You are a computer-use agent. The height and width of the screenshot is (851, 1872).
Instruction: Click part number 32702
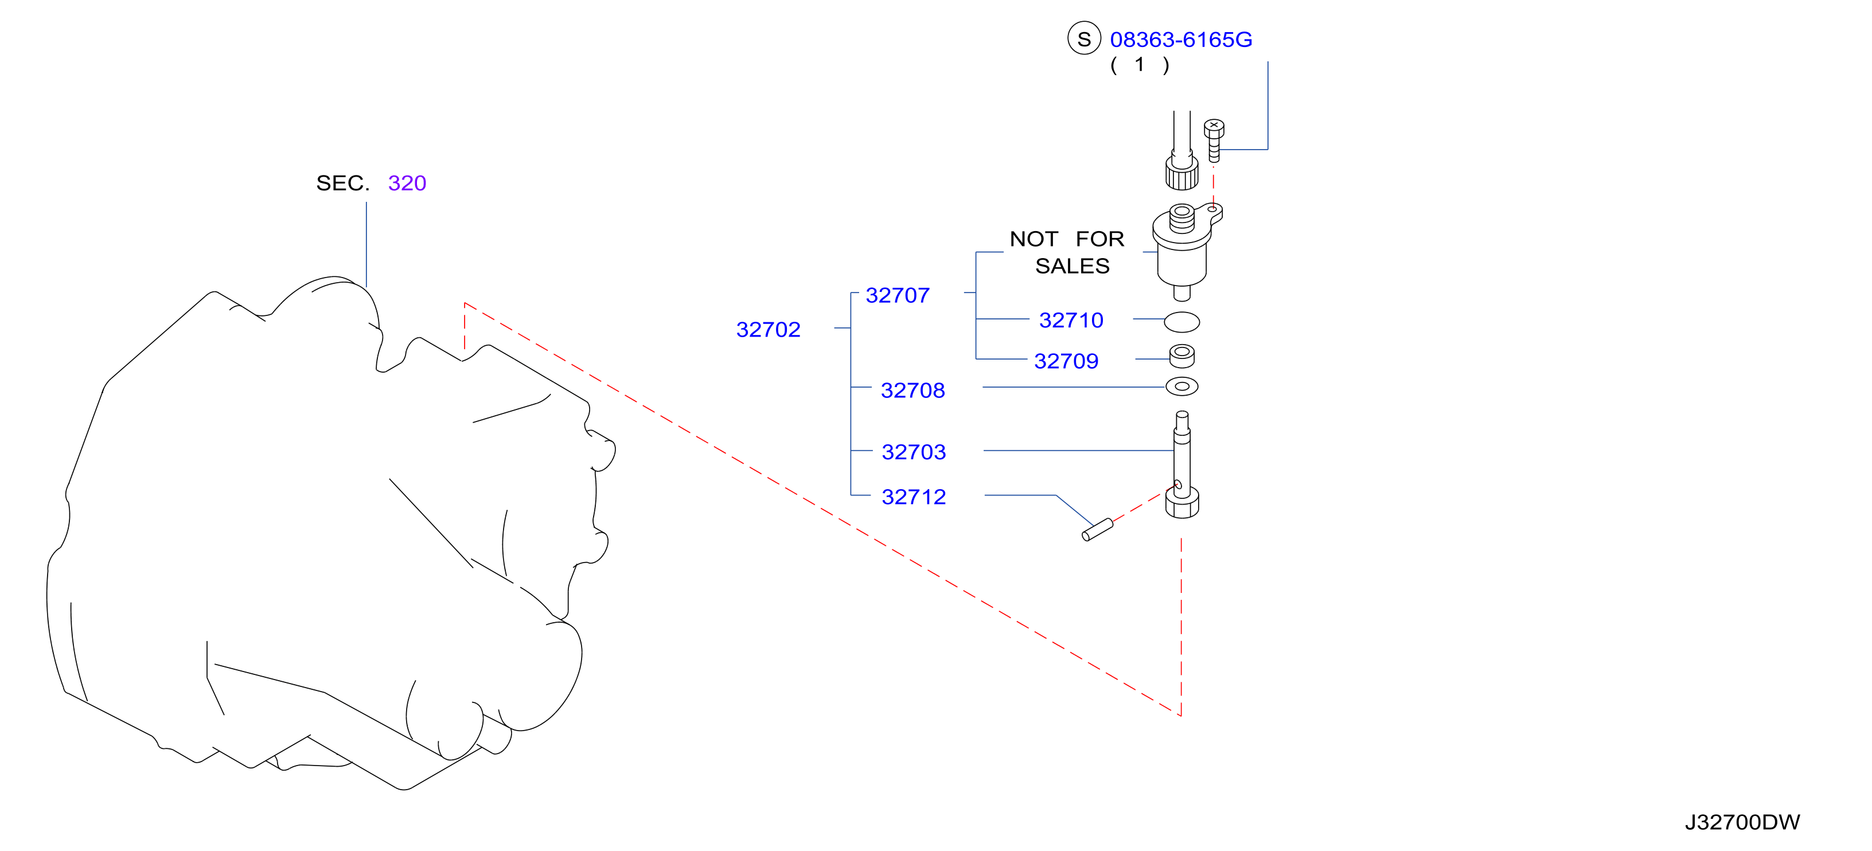coord(768,330)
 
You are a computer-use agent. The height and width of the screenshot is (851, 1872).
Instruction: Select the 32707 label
coord(898,296)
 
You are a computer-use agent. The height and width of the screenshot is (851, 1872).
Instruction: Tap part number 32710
coord(1071,321)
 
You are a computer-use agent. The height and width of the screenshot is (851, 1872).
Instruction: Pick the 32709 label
coord(1066,361)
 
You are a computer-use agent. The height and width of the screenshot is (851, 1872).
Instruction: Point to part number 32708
coord(912,391)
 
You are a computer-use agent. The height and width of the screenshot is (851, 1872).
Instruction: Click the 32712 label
coord(914,497)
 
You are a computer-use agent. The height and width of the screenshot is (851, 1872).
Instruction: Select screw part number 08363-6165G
coord(1181,40)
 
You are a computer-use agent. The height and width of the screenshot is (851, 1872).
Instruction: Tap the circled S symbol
coord(1083,38)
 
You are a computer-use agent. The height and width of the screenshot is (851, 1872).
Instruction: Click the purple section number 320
coord(407,183)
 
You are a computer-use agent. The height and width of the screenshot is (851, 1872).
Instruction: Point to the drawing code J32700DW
coord(1742,822)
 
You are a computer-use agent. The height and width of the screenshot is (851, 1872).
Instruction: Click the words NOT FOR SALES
coord(1067,252)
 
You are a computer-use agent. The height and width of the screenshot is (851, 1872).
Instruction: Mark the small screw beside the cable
coord(1214,141)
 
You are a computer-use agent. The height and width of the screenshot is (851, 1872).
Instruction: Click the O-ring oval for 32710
coord(1181,322)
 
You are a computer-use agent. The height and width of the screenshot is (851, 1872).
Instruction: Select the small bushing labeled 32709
coord(1181,356)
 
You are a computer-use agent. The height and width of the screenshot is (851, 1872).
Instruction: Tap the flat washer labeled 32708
coord(1181,387)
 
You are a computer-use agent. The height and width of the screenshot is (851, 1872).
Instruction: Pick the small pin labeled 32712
coord(1097,530)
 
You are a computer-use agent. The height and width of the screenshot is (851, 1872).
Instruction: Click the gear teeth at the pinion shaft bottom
coord(1181,503)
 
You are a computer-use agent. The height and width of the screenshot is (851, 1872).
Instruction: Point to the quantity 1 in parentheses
coord(1140,65)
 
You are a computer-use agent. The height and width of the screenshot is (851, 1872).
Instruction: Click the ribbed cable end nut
coord(1181,171)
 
